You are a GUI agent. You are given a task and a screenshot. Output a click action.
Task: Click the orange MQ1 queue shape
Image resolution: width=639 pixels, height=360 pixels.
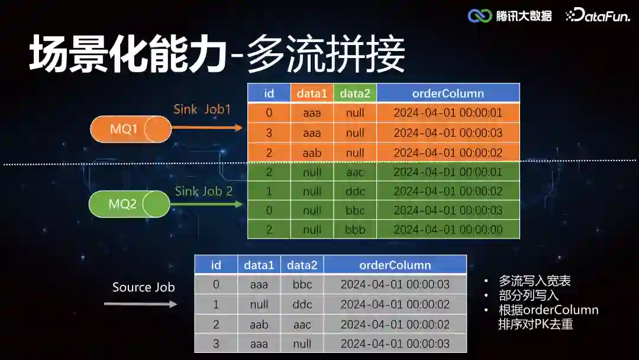click(131, 129)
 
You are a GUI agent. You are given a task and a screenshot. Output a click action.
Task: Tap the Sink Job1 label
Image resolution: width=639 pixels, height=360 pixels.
click(202, 110)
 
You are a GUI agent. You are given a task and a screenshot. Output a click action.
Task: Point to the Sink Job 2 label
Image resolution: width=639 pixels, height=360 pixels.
click(204, 191)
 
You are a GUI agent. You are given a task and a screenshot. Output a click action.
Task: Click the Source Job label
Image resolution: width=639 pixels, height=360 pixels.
click(144, 287)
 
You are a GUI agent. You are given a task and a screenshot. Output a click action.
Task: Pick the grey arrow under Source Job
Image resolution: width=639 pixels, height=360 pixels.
click(140, 304)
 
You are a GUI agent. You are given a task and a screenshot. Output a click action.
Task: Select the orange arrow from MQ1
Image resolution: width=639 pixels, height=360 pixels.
click(207, 127)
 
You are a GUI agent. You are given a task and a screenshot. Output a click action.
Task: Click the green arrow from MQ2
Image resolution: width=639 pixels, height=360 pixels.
click(206, 204)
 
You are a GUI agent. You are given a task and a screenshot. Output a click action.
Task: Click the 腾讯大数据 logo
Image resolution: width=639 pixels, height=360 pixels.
click(509, 16)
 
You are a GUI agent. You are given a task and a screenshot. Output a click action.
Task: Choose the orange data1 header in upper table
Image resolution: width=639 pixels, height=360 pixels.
click(312, 93)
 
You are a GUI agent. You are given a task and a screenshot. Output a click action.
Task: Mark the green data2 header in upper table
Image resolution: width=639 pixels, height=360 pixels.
click(355, 93)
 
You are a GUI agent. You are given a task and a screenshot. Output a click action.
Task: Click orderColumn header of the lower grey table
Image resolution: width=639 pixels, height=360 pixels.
click(395, 265)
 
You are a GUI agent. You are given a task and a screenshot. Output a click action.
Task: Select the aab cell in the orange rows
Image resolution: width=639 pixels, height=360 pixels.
click(312, 153)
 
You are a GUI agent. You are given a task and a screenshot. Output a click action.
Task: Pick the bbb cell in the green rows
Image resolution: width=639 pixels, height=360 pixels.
click(355, 230)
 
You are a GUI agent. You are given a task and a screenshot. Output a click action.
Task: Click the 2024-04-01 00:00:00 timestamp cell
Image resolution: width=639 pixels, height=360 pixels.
click(448, 230)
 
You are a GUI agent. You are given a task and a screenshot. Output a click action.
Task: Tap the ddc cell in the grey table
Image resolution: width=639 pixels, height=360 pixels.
click(302, 304)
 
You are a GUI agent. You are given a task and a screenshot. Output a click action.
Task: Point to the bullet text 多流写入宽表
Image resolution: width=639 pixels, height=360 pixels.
click(534, 281)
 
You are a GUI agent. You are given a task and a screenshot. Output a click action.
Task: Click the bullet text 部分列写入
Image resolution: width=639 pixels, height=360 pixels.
click(528, 295)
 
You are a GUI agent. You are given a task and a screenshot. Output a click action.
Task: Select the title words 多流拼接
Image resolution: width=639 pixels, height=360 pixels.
click(326, 54)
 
